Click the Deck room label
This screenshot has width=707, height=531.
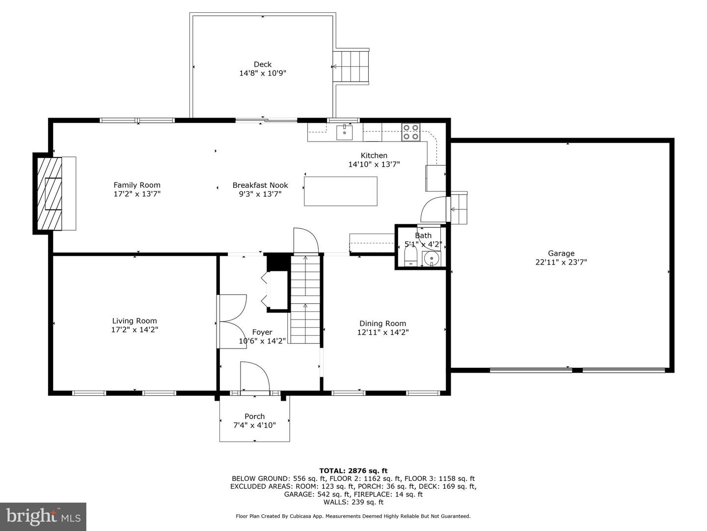coord(263,64)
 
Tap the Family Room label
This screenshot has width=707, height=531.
coord(137,185)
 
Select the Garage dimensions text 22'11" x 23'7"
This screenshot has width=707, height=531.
coord(561,262)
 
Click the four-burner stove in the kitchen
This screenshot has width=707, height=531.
coord(410,132)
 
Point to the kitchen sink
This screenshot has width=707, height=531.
coord(344,132)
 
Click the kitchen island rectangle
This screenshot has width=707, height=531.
coord(340,191)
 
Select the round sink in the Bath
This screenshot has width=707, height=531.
coord(431,258)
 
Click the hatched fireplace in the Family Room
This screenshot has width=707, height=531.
coord(49,193)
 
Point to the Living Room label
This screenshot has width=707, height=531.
coord(135,321)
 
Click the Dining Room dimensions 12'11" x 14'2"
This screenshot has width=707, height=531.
coord(382,332)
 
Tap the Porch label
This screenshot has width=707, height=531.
coord(254,416)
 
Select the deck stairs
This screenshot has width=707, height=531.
coord(351,67)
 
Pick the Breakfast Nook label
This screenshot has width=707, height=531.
coord(260,185)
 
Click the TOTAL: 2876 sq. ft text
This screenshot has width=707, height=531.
coord(353,471)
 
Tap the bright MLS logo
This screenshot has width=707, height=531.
coord(43,516)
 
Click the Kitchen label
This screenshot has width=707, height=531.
coord(374,155)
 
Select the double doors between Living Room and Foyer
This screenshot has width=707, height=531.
coord(232,322)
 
